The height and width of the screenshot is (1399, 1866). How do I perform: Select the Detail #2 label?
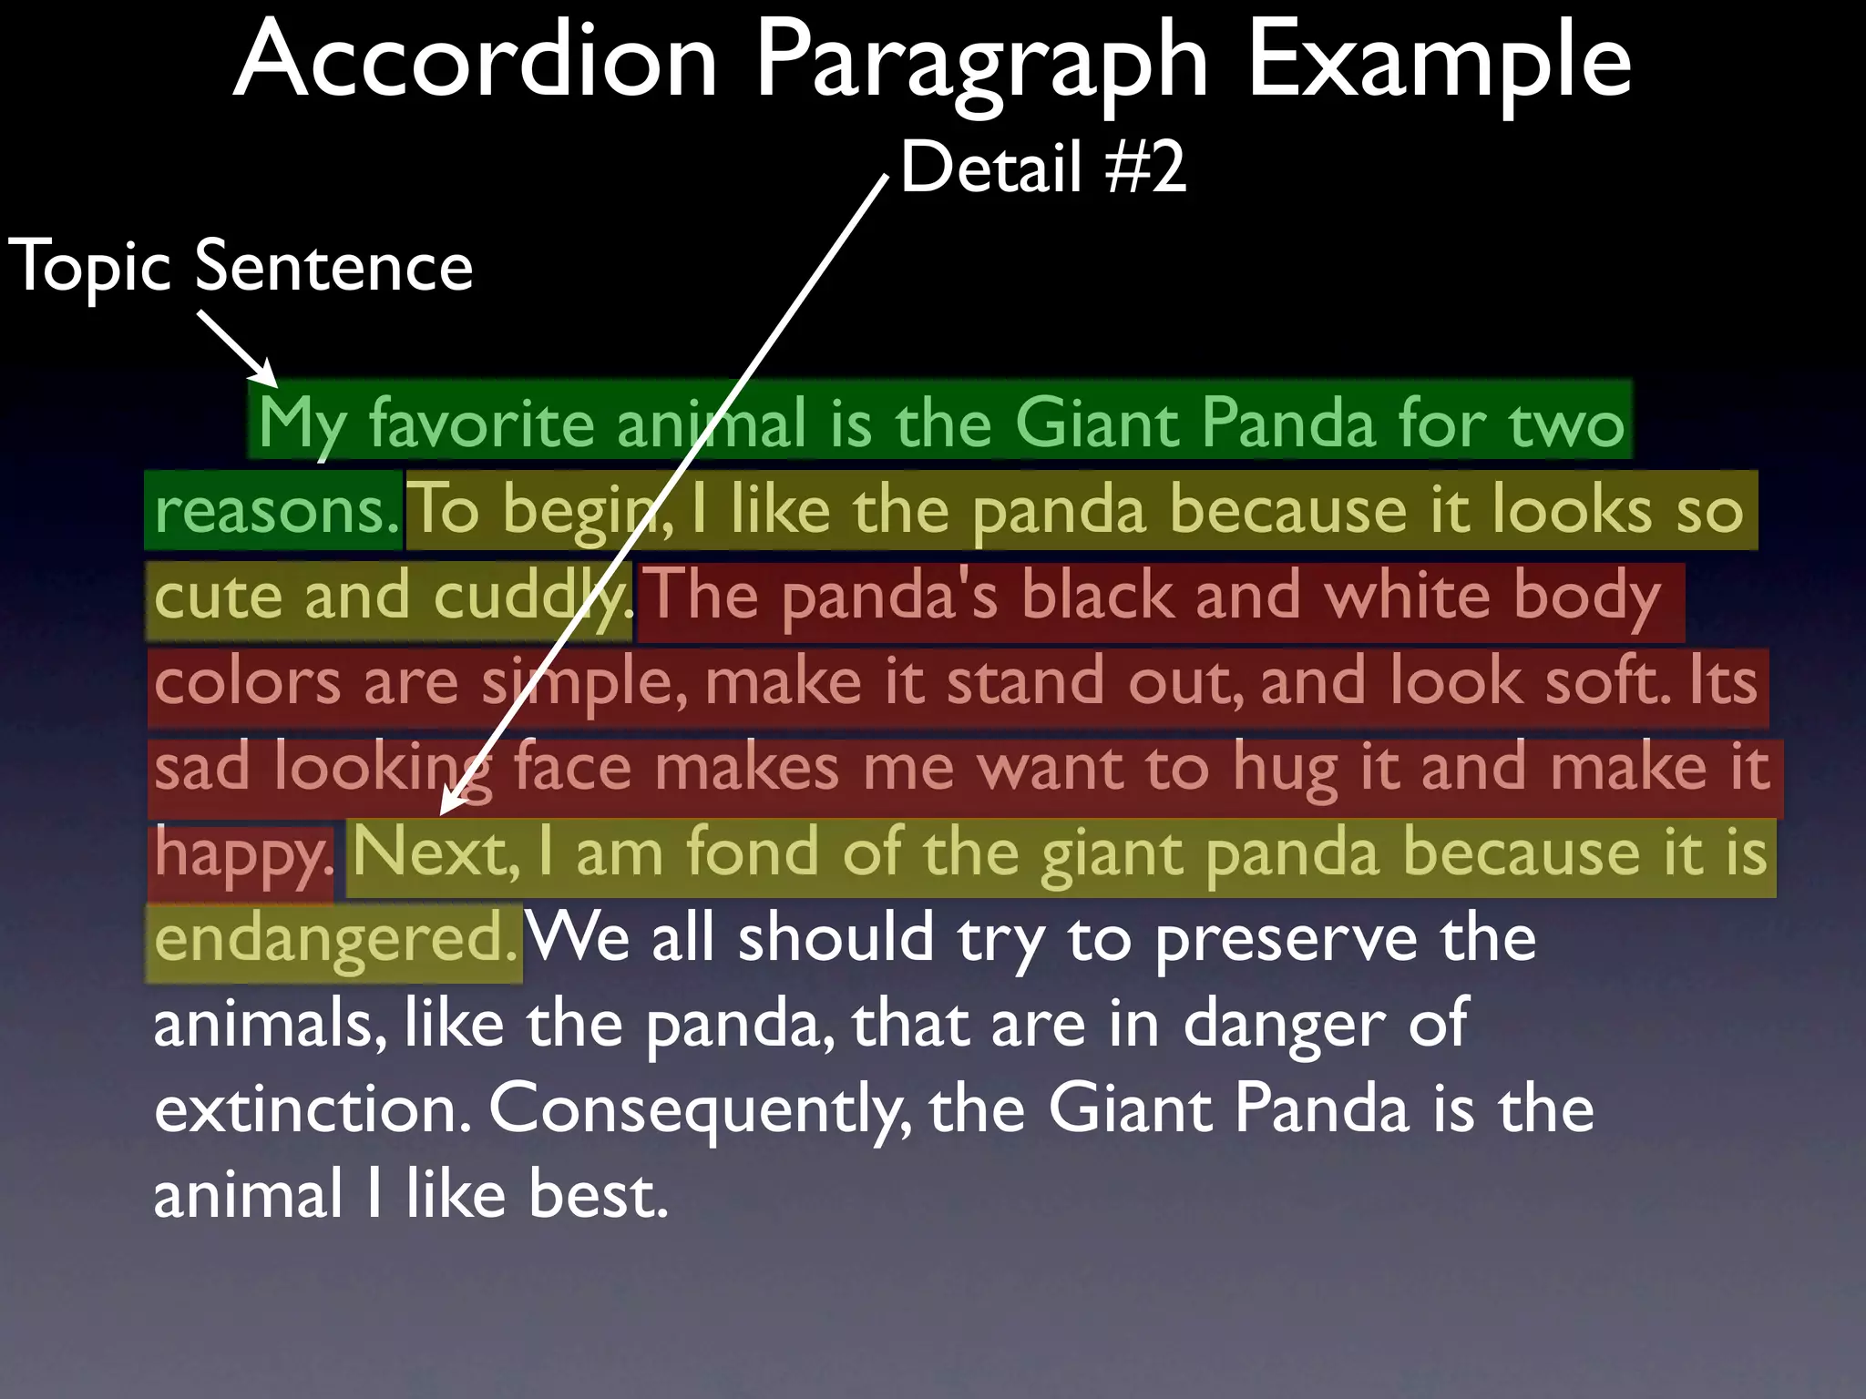click(1043, 168)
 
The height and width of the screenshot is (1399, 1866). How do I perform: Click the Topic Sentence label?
click(241, 267)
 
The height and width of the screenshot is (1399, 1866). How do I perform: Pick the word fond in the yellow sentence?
click(752, 853)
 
